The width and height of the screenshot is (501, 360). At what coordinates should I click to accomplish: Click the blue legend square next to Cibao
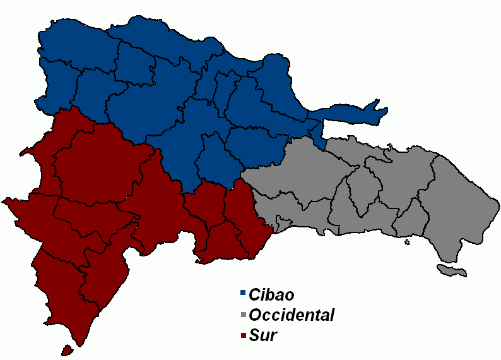coord(243,293)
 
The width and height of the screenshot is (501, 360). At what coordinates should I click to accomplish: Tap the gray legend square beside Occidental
coord(243,314)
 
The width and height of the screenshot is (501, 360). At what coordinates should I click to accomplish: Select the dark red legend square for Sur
coord(243,335)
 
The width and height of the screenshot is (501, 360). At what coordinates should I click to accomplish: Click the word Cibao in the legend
coord(271,294)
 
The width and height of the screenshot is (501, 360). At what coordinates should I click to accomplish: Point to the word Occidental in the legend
coord(292,315)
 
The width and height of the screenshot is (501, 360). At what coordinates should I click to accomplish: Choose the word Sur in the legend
coord(262,335)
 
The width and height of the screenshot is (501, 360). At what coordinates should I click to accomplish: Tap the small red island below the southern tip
coord(65,349)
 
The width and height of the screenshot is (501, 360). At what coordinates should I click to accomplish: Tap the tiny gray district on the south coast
coord(282,224)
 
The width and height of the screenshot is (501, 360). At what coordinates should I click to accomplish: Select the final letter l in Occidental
coord(332,315)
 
